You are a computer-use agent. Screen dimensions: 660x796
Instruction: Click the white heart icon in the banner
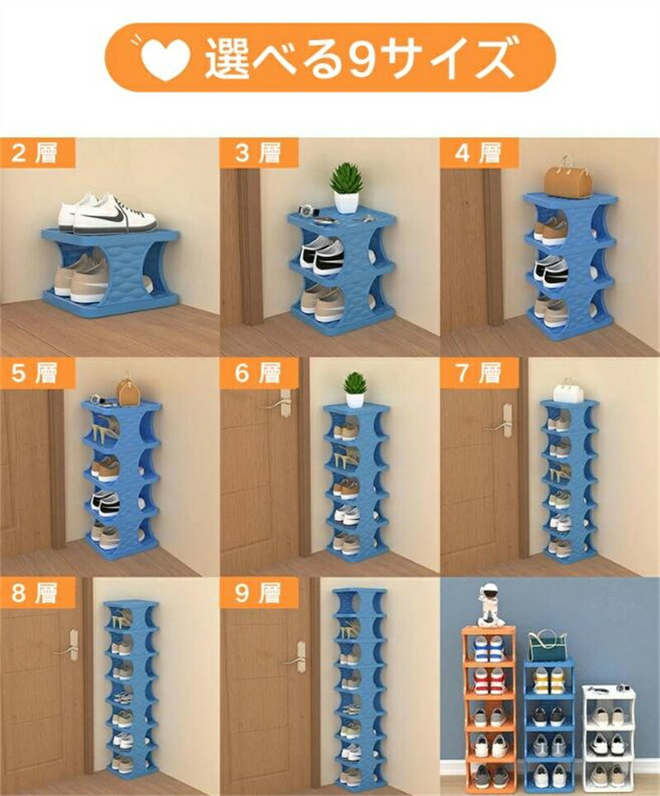pyautogui.click(x=164, y=58)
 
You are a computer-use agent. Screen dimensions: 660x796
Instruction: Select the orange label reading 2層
pyautogui.click(x=37, y=153)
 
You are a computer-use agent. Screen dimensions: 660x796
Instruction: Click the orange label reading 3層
pyautogui.click(x=259, y=153)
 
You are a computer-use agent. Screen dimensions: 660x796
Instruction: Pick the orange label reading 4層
pyautogui.click(x=478, y=153)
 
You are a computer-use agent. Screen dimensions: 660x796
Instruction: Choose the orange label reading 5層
pyautogui.click(x=37, y=373)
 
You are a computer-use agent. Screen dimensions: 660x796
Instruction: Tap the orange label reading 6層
pyautogui.click(x=259, y=373)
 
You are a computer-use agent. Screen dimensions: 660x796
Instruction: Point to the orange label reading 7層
pyautogui.click(x=478, y=373)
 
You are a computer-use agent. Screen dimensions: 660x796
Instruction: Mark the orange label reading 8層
pyautogui.click(x=37, y=592)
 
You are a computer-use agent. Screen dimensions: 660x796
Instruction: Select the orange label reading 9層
pyautogui.click(x=259, y=592)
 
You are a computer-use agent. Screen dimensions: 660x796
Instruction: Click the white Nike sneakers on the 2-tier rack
pyautogui.click(x=106, y=213)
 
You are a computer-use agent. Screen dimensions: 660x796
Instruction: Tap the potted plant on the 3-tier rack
pyautogui.click(x=346, y=188)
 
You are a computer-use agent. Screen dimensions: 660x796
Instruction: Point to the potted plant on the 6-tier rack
pyautogui.click(x=355, y=389)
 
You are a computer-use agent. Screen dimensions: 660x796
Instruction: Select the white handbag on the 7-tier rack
pyautogui.click(x=568, y=391)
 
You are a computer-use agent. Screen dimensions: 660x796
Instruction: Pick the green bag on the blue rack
pyautogui.click(x=548, y=646)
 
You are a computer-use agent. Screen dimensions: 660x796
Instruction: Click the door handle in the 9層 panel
pyautogui.click(x=296, y=657)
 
